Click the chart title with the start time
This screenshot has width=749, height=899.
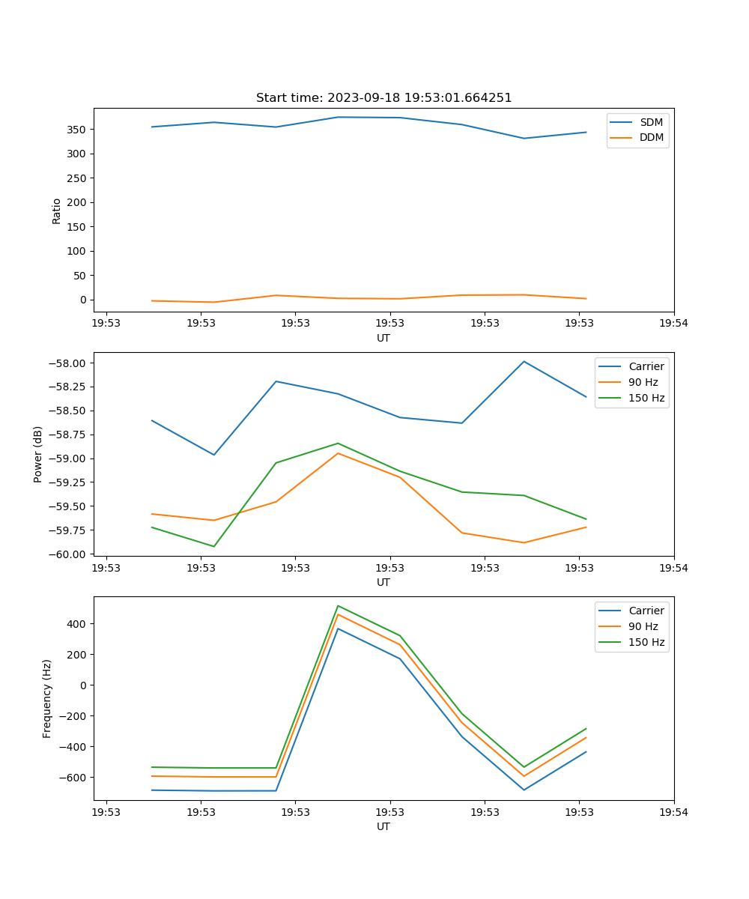(x=383, y=98)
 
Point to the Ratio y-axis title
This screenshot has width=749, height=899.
(x=57, y=211)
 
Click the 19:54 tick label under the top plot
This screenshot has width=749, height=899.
(x=673, y=324)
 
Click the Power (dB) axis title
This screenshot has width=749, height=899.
(x=38, y=454)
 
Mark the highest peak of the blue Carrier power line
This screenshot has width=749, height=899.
(x=524, y=362)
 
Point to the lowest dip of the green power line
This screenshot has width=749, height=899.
(x=214, y=546)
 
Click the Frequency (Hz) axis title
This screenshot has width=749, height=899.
(x=47, y=698)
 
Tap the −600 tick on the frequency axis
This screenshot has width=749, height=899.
(x=75, y=777)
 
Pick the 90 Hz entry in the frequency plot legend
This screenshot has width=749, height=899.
(x=643, y=626)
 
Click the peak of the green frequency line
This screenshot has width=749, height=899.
(x=338, y=606)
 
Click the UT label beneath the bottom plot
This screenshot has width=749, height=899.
(x=383, y=826)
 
